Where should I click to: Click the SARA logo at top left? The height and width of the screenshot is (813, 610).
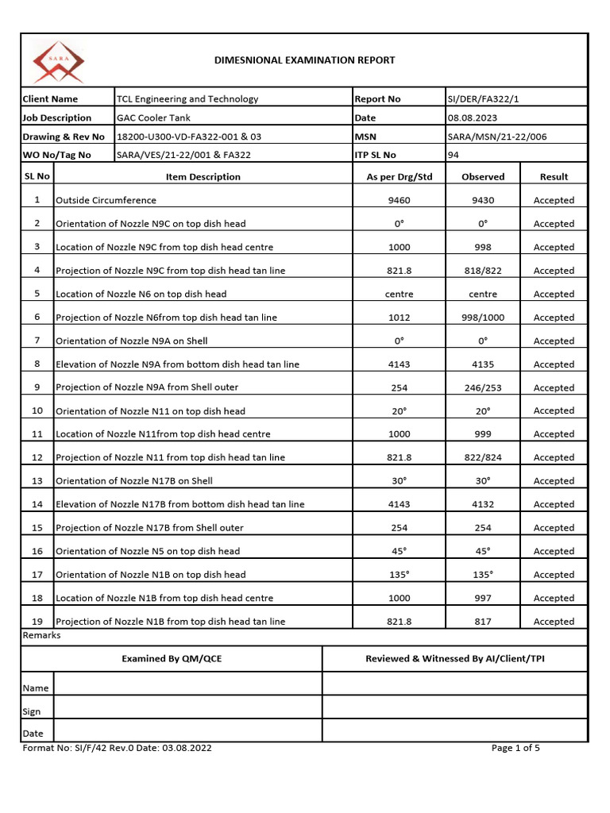58,61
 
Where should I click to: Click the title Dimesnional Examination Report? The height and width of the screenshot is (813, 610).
305,60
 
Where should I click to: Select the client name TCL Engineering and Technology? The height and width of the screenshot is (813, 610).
187,99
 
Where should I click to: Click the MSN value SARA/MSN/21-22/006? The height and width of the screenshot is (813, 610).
496,137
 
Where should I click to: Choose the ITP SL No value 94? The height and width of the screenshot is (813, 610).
454,155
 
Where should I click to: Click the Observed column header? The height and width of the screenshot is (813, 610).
483,177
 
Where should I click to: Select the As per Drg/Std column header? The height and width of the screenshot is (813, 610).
399,177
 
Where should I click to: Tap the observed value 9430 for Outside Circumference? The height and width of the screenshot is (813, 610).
483,201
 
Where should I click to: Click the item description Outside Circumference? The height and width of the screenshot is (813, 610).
106,201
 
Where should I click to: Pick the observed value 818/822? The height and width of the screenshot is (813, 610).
483,271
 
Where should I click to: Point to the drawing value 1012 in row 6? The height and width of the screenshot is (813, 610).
399,318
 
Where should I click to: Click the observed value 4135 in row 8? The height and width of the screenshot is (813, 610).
483,364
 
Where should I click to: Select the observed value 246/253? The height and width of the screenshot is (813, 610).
483,388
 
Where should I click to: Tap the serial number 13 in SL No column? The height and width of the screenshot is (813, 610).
37,481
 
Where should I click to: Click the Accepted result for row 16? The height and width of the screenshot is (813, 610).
554,551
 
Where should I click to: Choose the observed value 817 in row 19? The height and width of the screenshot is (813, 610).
483,622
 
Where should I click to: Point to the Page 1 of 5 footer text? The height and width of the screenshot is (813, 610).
515,748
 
